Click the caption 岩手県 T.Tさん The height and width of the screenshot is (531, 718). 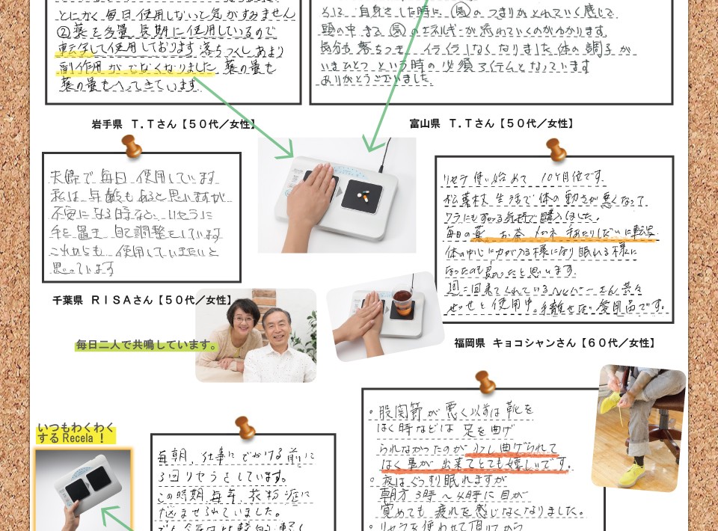click(x=174, y=124)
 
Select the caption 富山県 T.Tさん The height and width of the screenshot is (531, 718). click(x=491, y=123)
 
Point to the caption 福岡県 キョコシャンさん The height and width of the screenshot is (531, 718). click(x=554, y=343)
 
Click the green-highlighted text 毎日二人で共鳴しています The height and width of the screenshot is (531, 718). click(x=147, y=346)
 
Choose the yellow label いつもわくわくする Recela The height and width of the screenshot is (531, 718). click(x=76, y=433)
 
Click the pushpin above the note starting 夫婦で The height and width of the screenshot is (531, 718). click(x=132, y=146)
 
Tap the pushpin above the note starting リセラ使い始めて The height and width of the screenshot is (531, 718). click(x=556, y=149)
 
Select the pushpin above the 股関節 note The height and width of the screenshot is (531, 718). click(x=485, y=381)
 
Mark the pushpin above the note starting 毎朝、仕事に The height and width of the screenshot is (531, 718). click(x=245, y=427)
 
